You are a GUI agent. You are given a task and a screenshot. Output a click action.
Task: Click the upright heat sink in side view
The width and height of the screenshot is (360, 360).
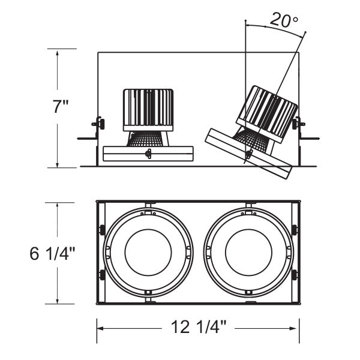click(x=148, y=109)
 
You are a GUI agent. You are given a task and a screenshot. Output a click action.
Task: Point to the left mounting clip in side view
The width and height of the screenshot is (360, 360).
click(x=97, y=125)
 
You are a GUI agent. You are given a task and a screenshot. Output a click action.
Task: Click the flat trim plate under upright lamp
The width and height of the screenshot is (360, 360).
click(x=148, y=154)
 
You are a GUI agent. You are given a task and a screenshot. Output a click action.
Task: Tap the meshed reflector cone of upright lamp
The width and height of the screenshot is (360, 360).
click(x=148, y=139)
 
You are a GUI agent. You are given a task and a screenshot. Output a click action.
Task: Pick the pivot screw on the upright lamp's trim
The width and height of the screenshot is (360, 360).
click(x=148, y=154)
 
